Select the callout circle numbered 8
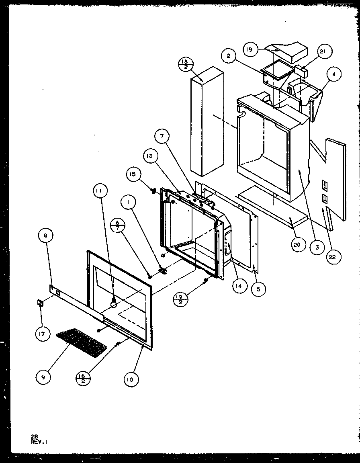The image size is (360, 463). (45, 236)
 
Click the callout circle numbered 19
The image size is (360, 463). (249, 50)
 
